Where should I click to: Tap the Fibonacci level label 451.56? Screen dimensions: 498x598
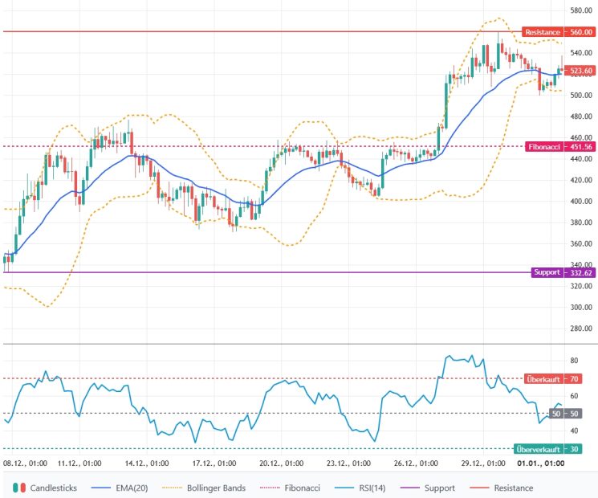[x=559, y=147]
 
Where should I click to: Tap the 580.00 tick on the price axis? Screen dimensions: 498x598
[x=580, y=10]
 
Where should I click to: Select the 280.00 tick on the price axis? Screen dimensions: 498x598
[x=580, y=329]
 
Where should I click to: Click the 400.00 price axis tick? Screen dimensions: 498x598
[x=580, y=201]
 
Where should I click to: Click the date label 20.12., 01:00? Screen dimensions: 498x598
[x=281, y=463]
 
